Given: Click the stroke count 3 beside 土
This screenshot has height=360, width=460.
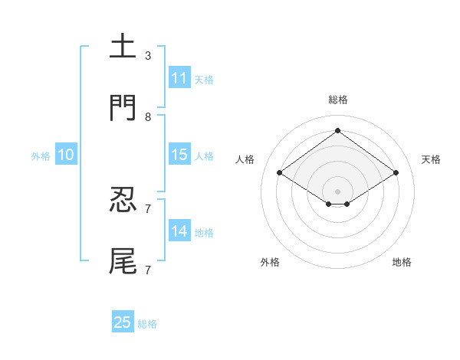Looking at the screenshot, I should coord(147,56).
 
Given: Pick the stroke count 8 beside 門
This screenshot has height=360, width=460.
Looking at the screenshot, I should coord(147,117).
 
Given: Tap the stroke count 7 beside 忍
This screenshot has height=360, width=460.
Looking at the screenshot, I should coord(147,209).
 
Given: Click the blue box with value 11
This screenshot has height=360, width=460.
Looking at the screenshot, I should coord(179,78).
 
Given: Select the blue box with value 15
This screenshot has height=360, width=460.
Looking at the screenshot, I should coord(179,155).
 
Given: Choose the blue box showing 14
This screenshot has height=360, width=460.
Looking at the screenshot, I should coord(179,231).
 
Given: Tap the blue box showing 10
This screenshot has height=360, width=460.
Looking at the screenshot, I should coord(65,155).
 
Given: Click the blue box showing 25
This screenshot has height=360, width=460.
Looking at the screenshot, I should coord(123,322).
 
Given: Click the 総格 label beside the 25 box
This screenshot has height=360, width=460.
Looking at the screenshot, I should coord(147,324).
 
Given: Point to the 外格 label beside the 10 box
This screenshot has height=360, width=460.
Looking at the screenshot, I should coord(41,156).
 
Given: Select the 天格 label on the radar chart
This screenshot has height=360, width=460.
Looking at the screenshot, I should coord(431,159).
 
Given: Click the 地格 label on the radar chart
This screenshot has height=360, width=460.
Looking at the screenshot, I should coord(402,262).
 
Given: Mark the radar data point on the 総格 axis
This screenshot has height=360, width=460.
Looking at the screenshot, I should coord(337,130).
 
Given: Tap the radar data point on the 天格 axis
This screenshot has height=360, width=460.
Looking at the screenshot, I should coord(396,173).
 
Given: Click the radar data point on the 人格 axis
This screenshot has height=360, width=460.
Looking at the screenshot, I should coord(280,173).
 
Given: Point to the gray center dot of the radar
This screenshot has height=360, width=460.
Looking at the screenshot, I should coord(337,191).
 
